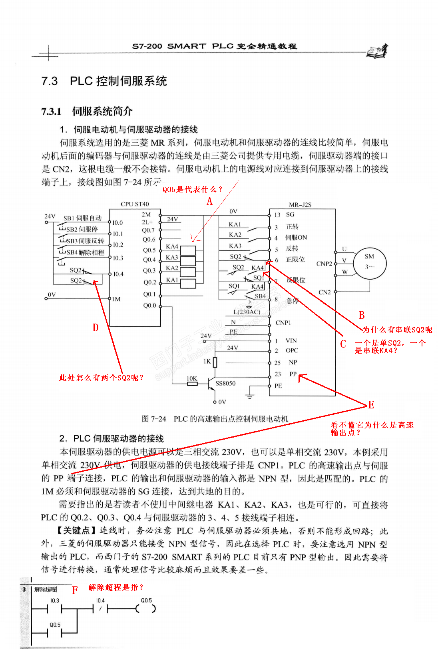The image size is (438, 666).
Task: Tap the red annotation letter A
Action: tap(209, 201)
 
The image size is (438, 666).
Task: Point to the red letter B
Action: tap(361, 315)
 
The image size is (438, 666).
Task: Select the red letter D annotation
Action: tap(95, 328)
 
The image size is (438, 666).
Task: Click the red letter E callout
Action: tap(371, 405)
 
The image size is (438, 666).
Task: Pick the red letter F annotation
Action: tap(75, 590)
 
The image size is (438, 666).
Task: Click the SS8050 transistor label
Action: tap(225, 383)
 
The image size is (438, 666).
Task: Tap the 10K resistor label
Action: tap(192, 378)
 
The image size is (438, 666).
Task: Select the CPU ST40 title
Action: tap(135, 204)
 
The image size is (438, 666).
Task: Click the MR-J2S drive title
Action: tap(300, 205)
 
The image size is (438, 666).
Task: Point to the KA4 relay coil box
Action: tap(188, 250)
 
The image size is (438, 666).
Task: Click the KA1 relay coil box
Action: tap(188, 283)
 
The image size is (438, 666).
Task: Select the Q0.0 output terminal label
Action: tap(149, 306)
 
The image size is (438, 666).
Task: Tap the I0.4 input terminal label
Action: tap(118, 274)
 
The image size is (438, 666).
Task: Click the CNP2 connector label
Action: tap(324, 264)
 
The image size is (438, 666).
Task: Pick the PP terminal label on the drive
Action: tap(293, 374)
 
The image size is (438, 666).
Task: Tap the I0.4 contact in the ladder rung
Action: tap(100, 609)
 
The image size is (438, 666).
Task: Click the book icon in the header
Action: tap(377, 51)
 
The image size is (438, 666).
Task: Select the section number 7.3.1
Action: tap(52, 111)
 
